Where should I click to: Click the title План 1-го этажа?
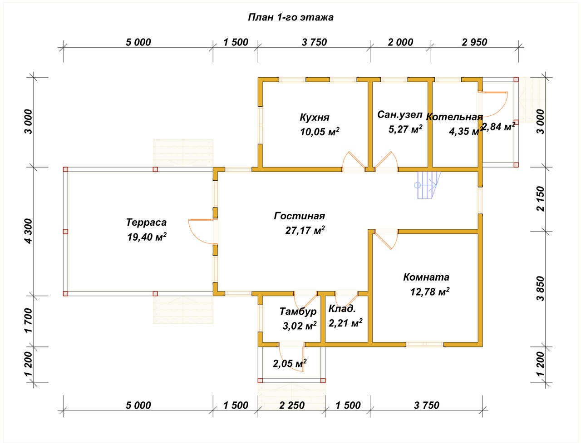290,18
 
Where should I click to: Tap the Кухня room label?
314,117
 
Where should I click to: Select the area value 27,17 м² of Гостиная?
305,231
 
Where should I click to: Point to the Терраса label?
146,222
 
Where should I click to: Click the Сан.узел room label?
399,115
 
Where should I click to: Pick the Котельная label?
454,117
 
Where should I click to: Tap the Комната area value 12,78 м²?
429,292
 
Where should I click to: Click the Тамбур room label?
298,311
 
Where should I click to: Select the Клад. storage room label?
342,310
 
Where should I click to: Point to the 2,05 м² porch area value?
290,363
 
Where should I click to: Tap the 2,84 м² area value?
498,127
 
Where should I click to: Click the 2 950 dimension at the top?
474,42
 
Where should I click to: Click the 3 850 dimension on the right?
540,288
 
